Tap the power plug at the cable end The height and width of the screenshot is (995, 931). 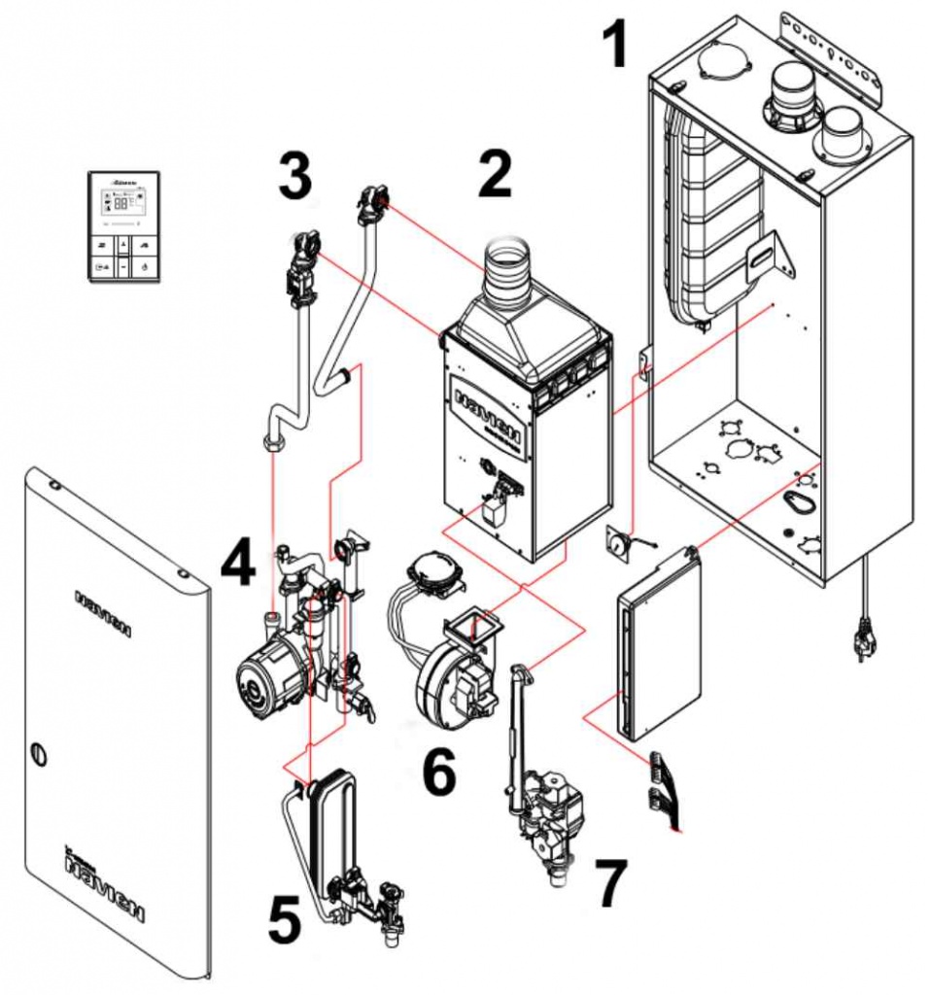(x=861, y=641)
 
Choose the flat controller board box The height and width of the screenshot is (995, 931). (x=657, y=643)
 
